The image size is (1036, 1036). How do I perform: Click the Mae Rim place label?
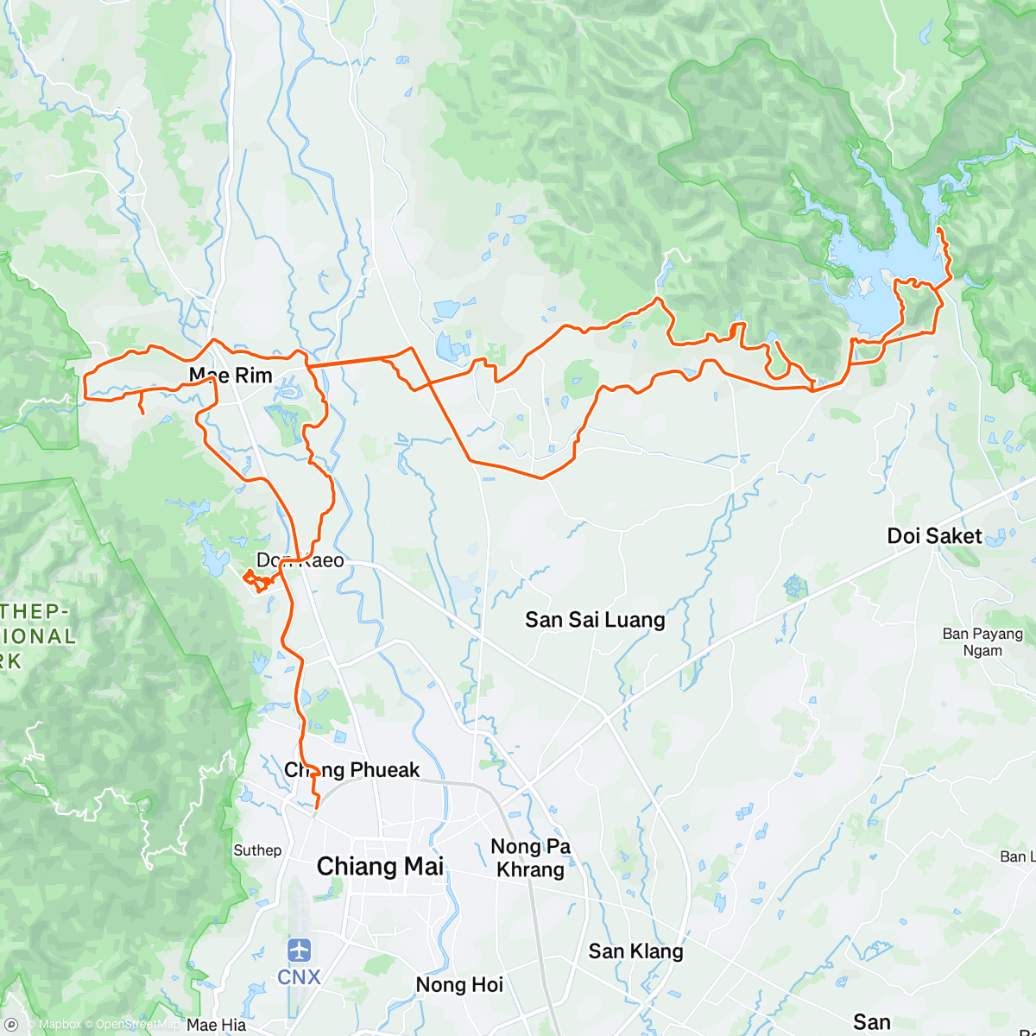point(231,376)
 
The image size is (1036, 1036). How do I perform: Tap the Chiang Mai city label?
point(380,867)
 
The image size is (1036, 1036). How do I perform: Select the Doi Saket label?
point(934,536)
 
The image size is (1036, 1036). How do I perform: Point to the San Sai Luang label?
point(595,620)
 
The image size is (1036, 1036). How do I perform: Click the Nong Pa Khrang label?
point(530,858)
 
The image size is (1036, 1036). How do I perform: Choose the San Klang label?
point(635,951)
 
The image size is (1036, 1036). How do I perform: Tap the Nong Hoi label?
point(459,985)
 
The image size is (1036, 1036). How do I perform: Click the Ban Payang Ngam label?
point(982,642)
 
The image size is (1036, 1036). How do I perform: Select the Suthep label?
point(257,850)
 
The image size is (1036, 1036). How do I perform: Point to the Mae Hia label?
point(216,1025)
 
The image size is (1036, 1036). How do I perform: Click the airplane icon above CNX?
point(299,951)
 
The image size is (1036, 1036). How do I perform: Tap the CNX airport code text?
point(299,977)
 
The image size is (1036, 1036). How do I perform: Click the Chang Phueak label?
point(352,770)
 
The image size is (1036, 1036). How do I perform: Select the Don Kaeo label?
point(300,561)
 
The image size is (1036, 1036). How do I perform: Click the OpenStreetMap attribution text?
point(137,1025)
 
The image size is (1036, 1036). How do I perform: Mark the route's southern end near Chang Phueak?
point(316,808)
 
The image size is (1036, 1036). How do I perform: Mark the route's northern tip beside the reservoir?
point(938,230)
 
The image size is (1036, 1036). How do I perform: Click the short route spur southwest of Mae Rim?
point(141,407)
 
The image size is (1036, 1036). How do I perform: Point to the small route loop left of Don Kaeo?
point(256,581)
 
